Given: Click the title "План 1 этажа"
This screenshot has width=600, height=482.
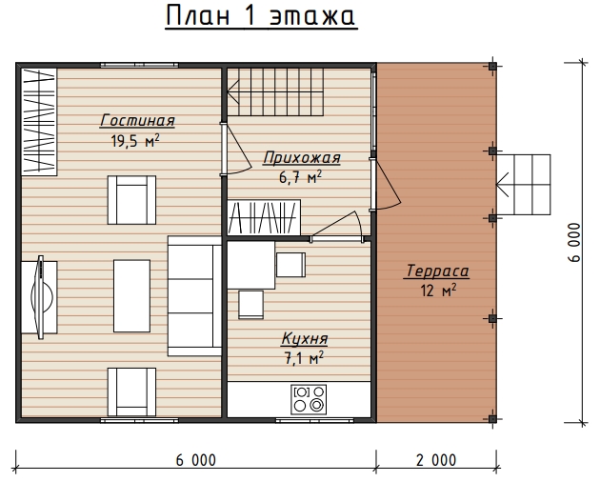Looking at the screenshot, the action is tap(261, 17).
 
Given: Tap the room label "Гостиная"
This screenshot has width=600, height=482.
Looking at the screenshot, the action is tap(137, 121).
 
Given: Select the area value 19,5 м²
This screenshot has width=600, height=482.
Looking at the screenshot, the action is tap(135, 141).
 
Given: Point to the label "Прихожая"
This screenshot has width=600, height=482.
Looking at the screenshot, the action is tap(302, 158).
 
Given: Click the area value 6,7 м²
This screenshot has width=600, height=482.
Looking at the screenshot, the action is tap(300, 177).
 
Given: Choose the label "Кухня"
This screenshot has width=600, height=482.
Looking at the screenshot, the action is tap(305, 339).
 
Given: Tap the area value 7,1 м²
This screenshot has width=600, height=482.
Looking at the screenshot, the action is tap(304, 358).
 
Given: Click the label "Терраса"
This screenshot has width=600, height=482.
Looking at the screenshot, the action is tap(436, 271).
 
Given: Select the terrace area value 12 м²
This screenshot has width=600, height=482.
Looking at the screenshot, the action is tap(438, 291).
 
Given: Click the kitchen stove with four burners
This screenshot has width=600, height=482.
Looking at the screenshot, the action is tap(309, 399).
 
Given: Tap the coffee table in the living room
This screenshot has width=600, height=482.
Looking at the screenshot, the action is tap(131, 296).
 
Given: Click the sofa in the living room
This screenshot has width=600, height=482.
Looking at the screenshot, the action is tap(194, 296).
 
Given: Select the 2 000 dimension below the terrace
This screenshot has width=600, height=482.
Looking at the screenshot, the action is tap(436, 460).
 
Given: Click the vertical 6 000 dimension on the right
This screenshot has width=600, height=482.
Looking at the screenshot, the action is tap(574, 242).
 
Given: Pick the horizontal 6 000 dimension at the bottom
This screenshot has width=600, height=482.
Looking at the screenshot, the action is tap(196, 460).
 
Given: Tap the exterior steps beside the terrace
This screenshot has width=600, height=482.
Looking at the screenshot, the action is tap(524, 185).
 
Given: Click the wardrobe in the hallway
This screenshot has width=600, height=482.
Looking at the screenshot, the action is tap(264, 217).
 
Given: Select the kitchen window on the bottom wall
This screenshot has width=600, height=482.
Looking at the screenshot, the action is tap(313, 420).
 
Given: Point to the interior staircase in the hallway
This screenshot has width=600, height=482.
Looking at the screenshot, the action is tap(275, 91).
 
